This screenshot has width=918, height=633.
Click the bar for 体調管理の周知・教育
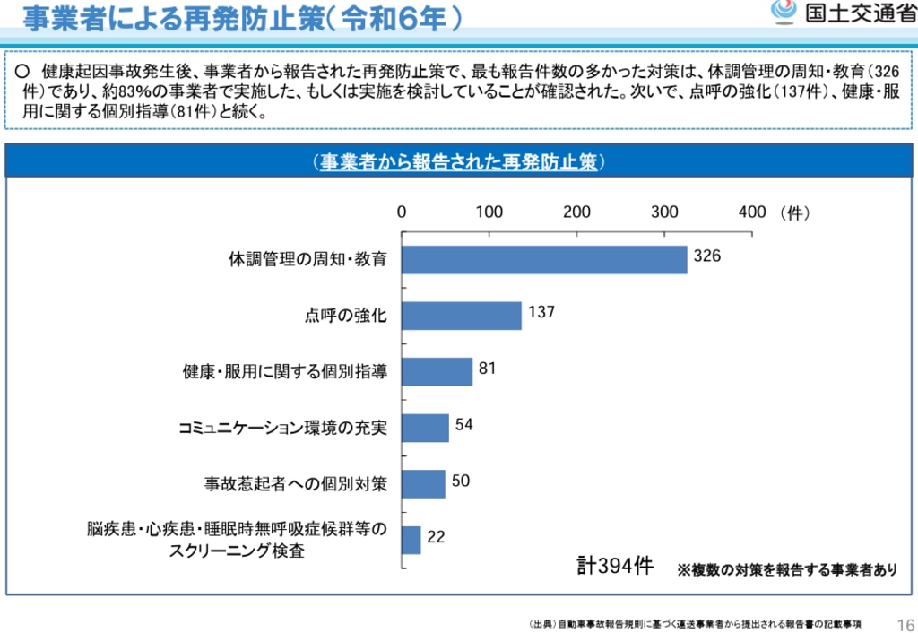pos(544,259)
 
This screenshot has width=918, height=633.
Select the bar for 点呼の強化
pos(462,316)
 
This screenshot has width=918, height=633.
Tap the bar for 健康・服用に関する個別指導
pos(437,371)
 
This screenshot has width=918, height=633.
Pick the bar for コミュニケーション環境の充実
pos(425,428)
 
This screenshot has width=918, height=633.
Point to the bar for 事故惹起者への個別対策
pos(423,484)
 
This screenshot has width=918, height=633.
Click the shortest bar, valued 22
pos(411,540)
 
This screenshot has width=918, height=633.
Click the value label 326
pos(707,256)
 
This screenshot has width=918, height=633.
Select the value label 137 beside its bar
pos(541,313)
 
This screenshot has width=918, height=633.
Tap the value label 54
pos(463,424)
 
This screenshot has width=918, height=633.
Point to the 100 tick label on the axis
pos(489,212)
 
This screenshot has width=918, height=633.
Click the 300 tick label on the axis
pos(664,212)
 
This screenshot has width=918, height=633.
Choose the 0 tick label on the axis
pos(402,212)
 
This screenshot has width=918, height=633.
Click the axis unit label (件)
pos(794,212)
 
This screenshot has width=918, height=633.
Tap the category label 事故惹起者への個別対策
pos(296,484)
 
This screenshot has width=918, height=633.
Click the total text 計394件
pos(615,567)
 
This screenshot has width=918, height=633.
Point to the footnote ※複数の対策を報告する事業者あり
pos(786,569)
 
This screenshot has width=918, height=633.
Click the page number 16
pos(905,623)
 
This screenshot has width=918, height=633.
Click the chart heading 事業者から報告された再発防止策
pos(458,161)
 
